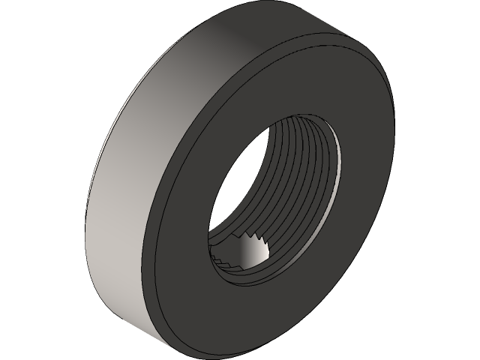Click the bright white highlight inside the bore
(x=252, y=255)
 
